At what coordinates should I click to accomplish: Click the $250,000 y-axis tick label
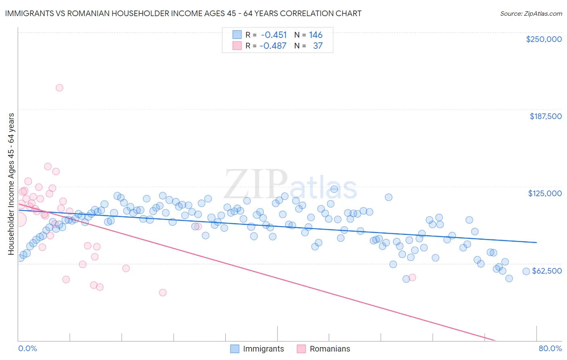click(x=544, y=39)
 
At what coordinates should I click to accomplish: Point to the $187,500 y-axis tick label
click(x=546, y=116)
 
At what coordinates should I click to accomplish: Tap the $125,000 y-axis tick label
click(x=545, y=193)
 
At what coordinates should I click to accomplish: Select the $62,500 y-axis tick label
click(x=547, y=271)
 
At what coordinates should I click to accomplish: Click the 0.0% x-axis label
click(x=28, y=348)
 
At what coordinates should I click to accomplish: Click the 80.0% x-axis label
click(x=550, y=348)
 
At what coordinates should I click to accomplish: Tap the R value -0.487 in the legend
click(x=273, y=46)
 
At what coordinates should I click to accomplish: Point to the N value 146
click(x=316, y=35)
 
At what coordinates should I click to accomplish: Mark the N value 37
click(x=318, y=46)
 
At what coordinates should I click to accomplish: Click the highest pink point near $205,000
click(x=59, y=88)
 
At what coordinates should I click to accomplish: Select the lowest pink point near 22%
click(x=163, y=293)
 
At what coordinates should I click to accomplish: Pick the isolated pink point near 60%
click(x=412, y=277)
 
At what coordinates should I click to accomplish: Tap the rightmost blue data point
click(x=526, y=271)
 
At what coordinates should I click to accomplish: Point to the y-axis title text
click(x=11, y=184)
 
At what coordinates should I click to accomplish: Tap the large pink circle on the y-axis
click(x=19, y=220)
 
